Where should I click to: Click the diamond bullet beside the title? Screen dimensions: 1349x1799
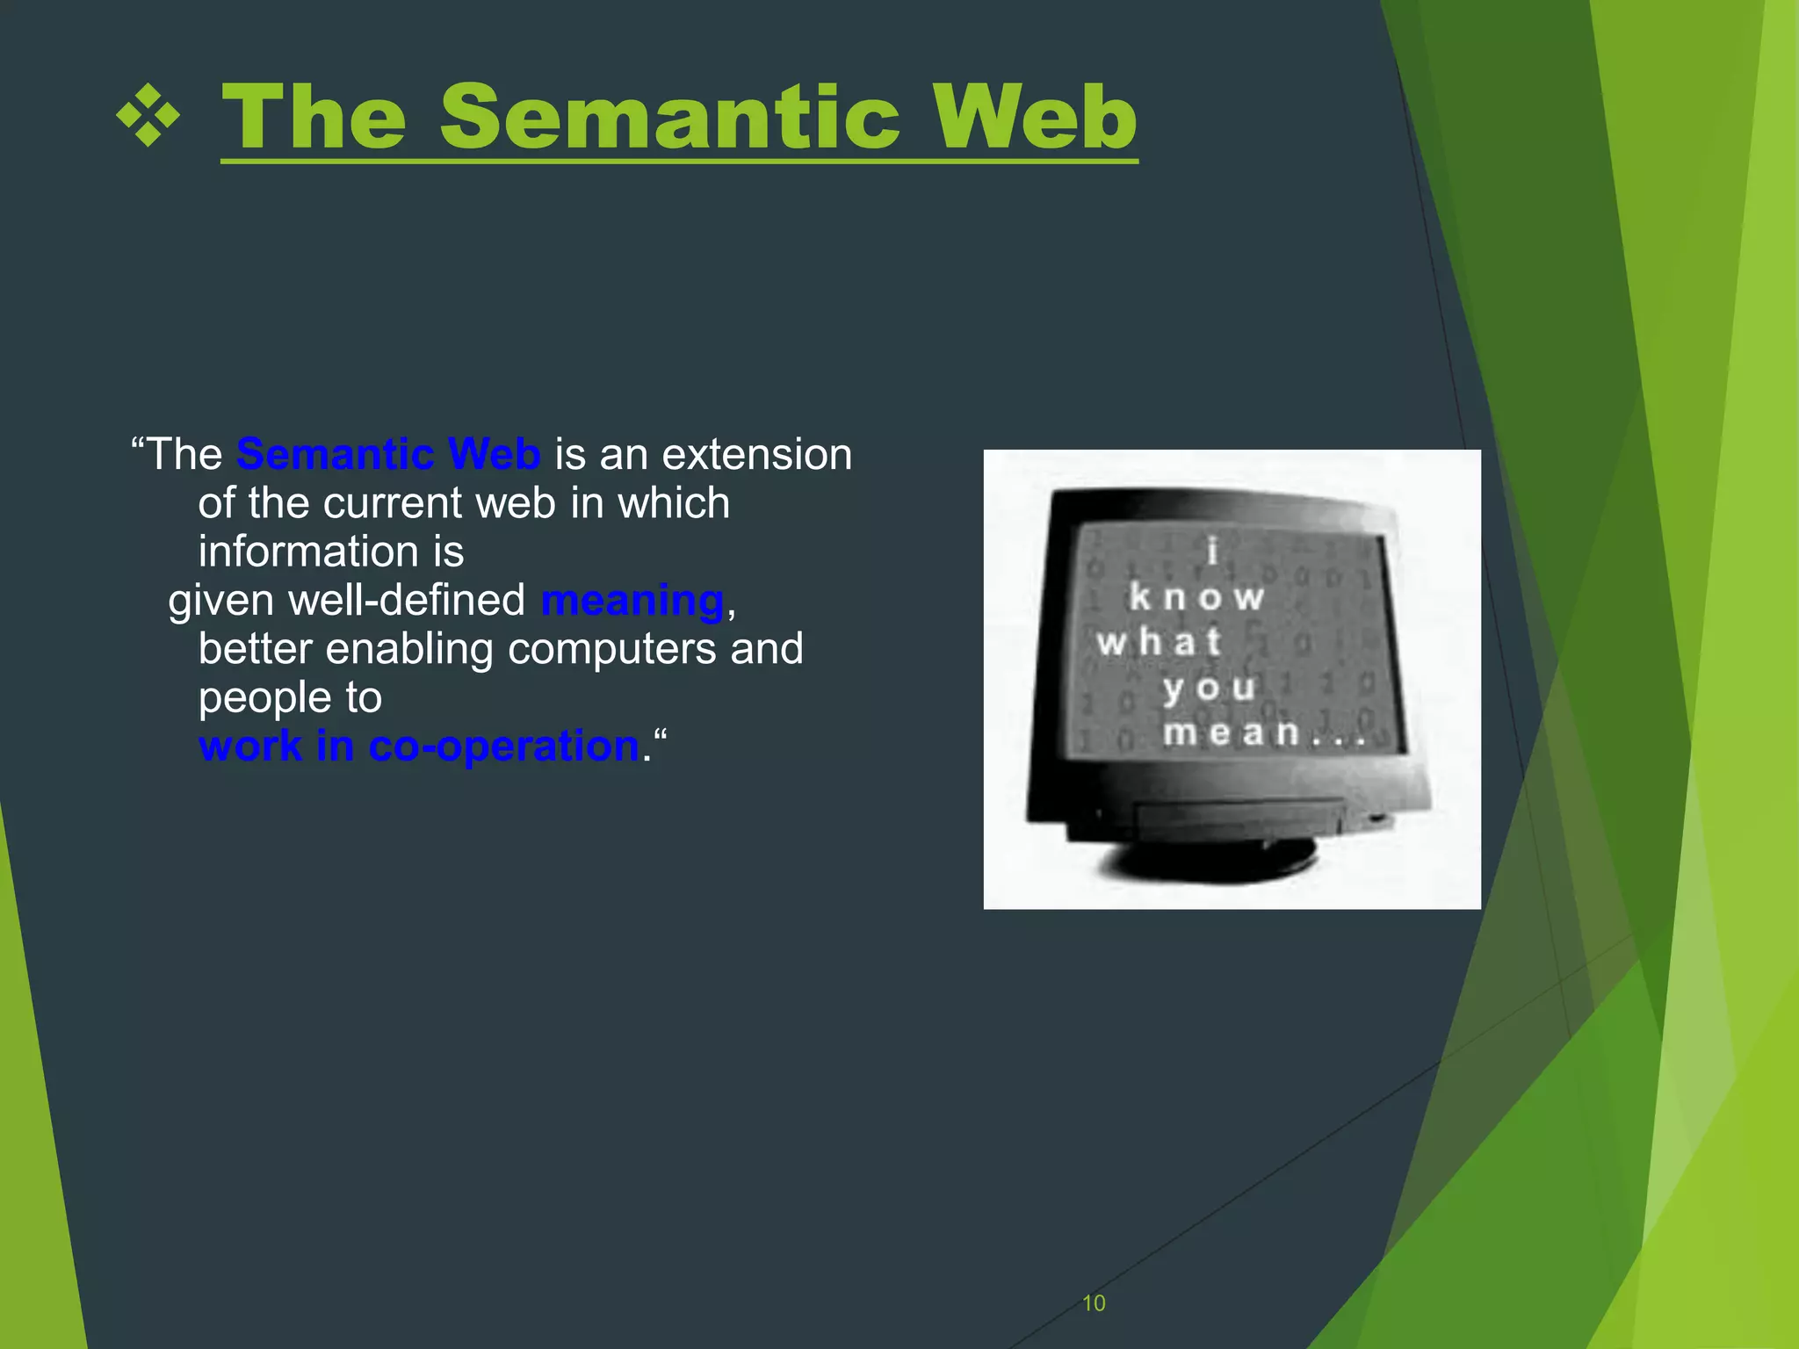coord(148,116)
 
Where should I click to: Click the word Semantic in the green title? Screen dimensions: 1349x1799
coord(669,117)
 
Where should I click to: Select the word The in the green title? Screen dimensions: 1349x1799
coord(314,117)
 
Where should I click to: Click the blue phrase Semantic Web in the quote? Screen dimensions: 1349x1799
coord(387,454)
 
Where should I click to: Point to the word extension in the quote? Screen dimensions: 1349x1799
coord(756,455)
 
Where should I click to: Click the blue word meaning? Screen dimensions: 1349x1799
coord(632,601)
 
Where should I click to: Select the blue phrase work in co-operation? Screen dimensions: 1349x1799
coord(419,747)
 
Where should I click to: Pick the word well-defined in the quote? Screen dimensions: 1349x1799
coord(407,601)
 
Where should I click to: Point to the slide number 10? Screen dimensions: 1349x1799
coord(1094,1303)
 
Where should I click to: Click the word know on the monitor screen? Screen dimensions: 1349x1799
coord(1196,597)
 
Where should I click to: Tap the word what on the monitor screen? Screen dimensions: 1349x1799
coord(1160,642)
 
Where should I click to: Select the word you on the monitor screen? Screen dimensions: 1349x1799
coord(1209,687)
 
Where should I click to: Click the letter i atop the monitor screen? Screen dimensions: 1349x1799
coord(1213,552)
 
